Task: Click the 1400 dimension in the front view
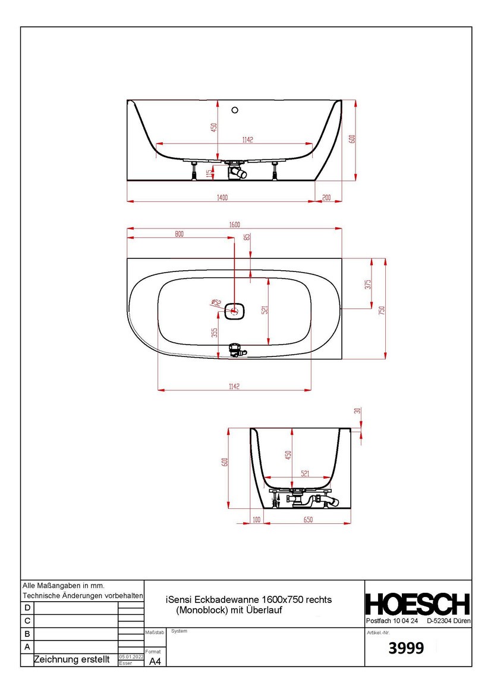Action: coord(222,196)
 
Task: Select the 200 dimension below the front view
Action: coord(326,197)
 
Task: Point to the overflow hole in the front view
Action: coord(235,110)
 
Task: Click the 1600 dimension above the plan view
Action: coord(234,224)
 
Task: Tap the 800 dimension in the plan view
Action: coord(180,235)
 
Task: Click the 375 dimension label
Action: coord(368,284)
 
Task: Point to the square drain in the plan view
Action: coord(235,310)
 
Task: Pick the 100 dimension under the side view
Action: coord(257,520)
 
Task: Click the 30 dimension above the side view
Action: coord(357,411)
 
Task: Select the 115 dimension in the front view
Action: coord(209,173)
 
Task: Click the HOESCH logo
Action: coord(417,604)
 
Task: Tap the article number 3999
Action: coord(406,649)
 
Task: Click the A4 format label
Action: coord(155,661)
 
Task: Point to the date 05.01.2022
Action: coord(131,656)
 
